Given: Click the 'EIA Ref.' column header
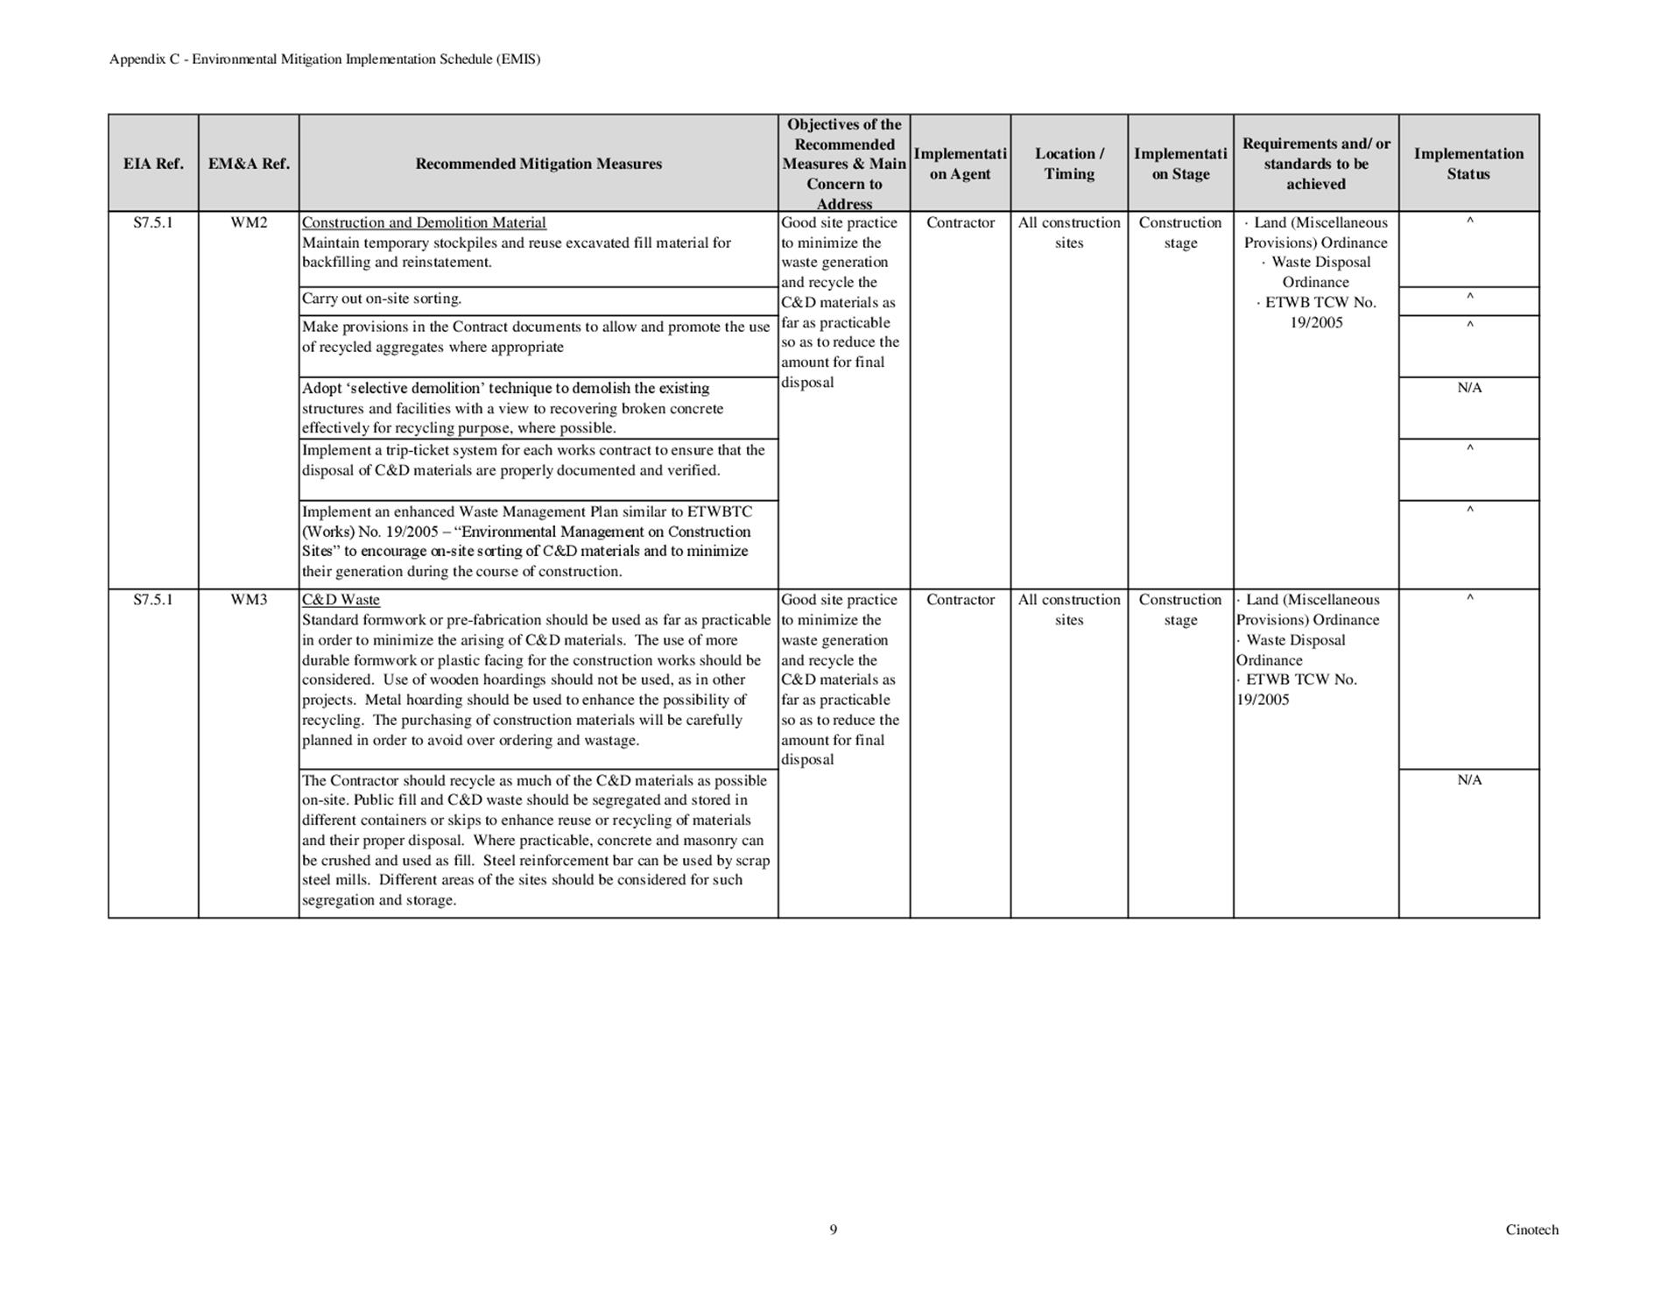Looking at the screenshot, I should [x=153, y=164].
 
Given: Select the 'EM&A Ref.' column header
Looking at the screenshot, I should [x=249, y=164].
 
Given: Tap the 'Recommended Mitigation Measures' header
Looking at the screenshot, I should [x=538, y=164].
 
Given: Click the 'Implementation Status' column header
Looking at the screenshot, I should [x=1468, y=164].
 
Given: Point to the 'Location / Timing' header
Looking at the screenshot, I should [x=1069, y=164].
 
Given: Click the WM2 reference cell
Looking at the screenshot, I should [x=249, y=222].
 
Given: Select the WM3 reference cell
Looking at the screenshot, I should [x=249, y=600].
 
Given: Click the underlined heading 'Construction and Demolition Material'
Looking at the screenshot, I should [x=424, y=222].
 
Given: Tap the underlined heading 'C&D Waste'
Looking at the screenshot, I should [x=341, y=600].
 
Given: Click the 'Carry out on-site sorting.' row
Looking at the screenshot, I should [x=382, y=299].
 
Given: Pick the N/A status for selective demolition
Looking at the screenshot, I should [x=1469, y=388].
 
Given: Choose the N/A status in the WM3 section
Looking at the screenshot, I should [x=1469, y=780].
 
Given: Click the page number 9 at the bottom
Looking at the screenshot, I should [x=834, y=1229].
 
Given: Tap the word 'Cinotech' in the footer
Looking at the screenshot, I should [x=1531, y=1229].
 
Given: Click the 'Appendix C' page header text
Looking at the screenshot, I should [x=325, y=60].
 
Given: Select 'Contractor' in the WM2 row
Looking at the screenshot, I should [x=961, y=222].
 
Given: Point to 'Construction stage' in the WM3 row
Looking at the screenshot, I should [x=1180, y=609].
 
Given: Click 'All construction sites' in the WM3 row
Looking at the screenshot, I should [x=1069, y=609].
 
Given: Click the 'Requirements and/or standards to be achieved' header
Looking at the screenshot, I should [x=1316, y=164].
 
